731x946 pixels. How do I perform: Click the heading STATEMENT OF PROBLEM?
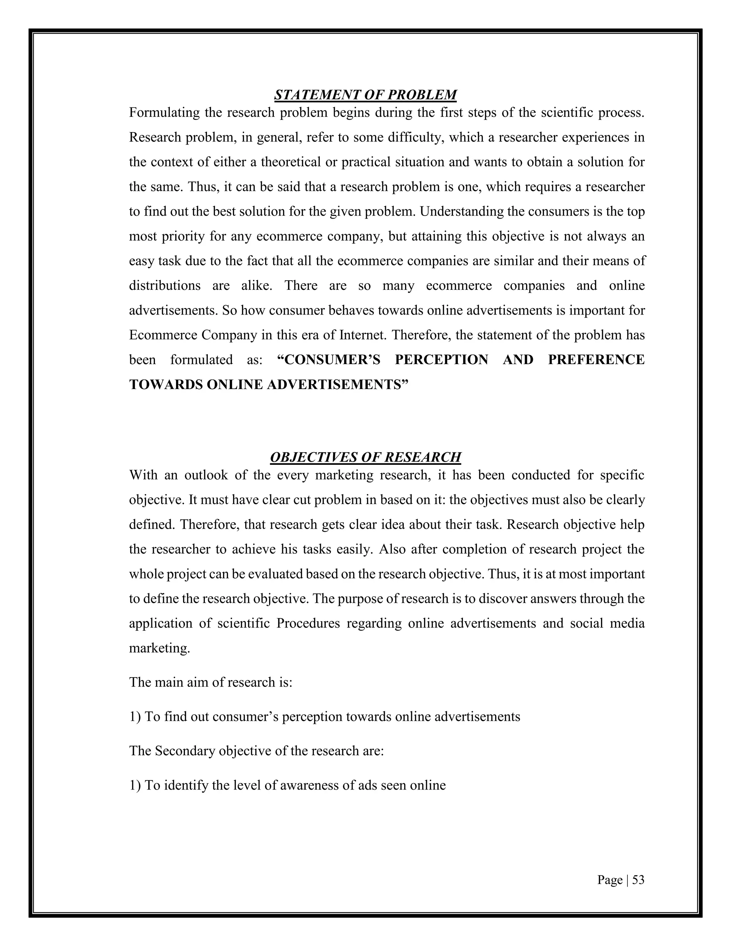click(x=365, y=95)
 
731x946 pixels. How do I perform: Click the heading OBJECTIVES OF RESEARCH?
click(x=365, y=457)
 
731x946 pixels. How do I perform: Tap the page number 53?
click(x=638, y=880)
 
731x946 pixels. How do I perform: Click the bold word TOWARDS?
click(x=166, y=384)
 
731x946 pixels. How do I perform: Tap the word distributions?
click(x=165, y=286)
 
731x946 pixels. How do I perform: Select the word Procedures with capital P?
click(x=308, y=623)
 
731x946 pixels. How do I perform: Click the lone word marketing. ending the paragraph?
click(x=159, y=648)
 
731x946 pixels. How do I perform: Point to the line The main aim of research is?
click(x=211, y=682)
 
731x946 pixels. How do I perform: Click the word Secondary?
click(x=185, y=751)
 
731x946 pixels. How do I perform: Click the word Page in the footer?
click(x=610, y=880)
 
